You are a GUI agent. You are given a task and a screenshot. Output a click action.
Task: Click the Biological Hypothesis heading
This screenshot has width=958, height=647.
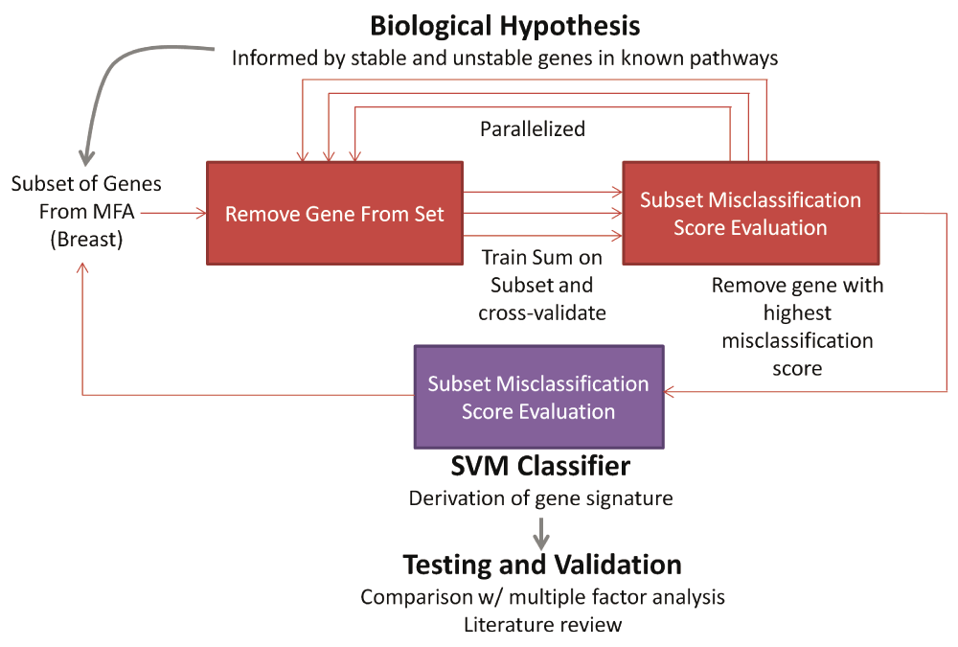[505, 26]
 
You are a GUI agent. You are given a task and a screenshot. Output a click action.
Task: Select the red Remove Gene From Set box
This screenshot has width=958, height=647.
[334, 214]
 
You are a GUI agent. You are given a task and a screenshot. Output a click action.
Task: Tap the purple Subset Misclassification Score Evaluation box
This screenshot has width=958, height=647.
[538, 397]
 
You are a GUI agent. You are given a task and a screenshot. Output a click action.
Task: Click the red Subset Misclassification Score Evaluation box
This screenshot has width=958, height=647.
[751, 214]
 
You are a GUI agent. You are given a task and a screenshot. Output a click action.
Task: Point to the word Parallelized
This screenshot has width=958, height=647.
[533, 129]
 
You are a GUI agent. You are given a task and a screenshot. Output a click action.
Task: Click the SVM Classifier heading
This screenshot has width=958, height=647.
[540, 466]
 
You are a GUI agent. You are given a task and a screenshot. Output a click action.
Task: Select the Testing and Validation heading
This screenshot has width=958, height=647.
[542, 565]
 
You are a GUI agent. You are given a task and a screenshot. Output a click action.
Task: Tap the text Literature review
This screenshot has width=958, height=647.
[542, 625]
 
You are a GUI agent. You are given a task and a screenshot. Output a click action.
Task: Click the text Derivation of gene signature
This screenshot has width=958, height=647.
[540, 498]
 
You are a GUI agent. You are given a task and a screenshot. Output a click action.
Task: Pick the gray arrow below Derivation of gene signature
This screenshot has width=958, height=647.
[541, 533]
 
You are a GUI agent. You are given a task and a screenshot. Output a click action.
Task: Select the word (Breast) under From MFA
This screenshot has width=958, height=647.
[86, 239]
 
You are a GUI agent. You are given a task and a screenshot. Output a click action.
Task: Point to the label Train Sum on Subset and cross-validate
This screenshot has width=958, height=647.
[542, 285]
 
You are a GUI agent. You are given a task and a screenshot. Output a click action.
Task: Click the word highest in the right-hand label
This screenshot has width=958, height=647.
[797, 313]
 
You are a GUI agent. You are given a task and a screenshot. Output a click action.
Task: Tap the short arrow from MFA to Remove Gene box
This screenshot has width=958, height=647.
[173, 213]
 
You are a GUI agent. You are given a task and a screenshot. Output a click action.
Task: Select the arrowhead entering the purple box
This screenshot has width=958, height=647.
[669, 391]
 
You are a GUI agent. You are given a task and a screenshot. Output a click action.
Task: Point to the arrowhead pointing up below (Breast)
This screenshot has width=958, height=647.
[82, 267]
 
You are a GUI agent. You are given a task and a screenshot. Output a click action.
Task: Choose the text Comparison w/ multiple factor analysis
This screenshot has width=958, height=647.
[542, 597]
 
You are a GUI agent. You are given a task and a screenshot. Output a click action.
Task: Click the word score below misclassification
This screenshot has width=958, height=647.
[797, 369]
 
